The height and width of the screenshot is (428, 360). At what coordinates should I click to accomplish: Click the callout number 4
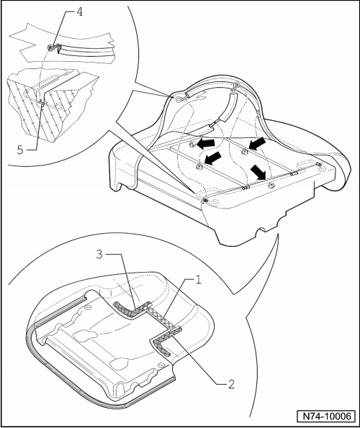point(79,12)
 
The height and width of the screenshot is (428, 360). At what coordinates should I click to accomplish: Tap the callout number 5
point(20,150)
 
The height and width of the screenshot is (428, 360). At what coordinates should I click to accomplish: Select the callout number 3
point(99,255)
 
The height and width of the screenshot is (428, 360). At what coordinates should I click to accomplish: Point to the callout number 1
point(198,280)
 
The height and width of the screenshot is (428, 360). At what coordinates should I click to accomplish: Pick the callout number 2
point(231,384)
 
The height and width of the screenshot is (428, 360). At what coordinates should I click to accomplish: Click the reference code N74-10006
point(327,416)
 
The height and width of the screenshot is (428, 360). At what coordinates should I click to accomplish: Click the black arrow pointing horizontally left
point(206,144)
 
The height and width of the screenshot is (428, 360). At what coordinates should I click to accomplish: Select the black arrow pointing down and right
point(258,172)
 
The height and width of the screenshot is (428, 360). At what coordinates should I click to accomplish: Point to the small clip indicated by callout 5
point(41,102)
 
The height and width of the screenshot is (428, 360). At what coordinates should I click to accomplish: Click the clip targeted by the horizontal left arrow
point(192,144)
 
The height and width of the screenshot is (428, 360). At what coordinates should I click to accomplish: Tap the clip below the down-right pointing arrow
point(271,186)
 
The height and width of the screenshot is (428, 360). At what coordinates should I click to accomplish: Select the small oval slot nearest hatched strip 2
point(161,365)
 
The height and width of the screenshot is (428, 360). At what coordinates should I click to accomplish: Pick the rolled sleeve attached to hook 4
point(85,50)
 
